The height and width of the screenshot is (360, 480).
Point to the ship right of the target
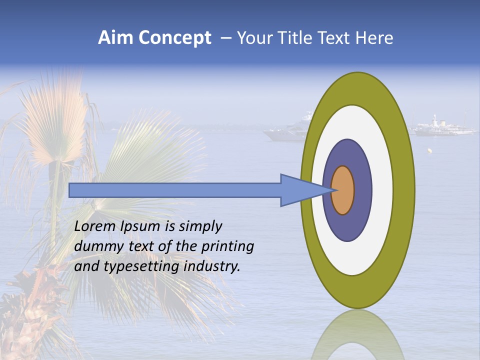tap(442, 127)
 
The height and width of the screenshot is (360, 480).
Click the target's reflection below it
tap(357, 335)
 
